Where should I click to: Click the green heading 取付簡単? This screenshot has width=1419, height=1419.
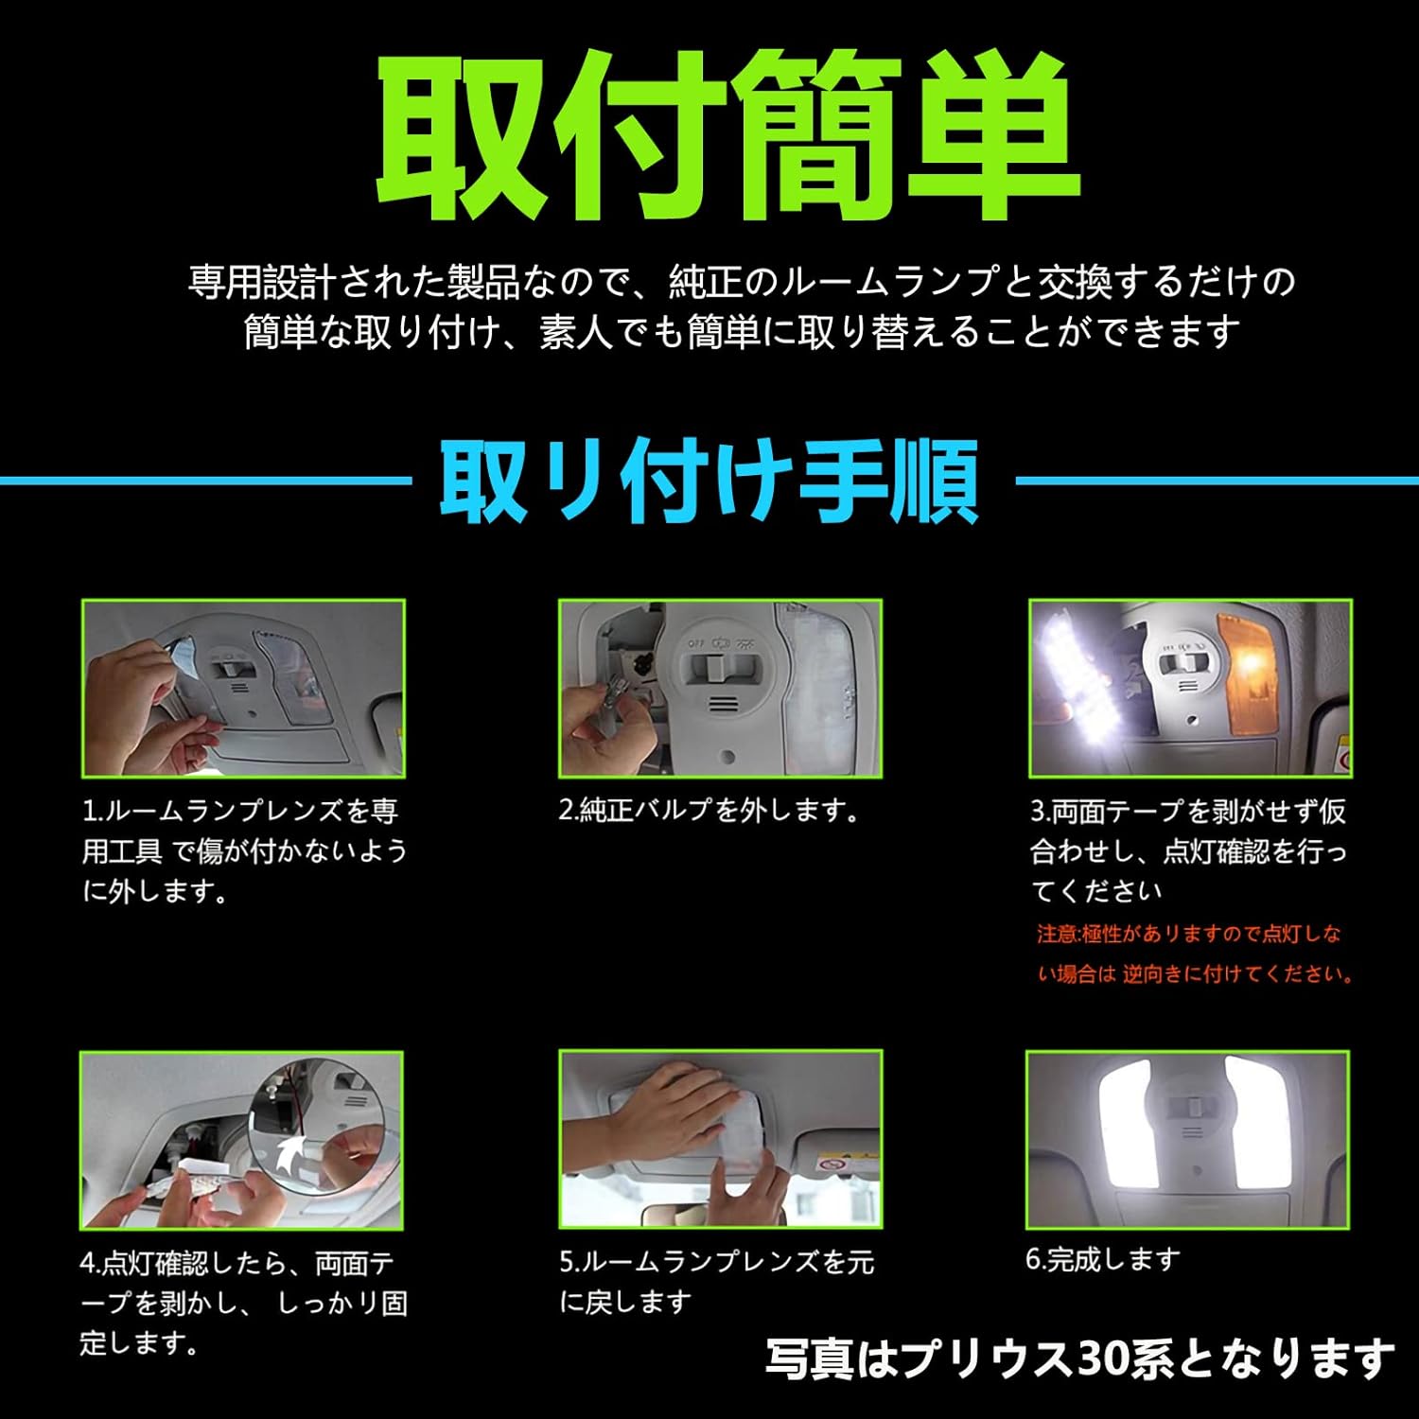[727, 137]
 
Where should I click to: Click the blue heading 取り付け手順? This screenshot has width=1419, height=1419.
[709, 481]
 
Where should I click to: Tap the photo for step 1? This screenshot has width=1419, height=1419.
[243, 688]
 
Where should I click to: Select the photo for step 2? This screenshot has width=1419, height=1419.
[720, 688]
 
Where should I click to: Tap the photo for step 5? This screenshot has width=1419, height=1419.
[720, 1138]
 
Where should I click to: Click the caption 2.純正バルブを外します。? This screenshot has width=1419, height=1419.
[709, 811]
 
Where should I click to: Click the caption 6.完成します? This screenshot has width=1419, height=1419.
[1103, 1259]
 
